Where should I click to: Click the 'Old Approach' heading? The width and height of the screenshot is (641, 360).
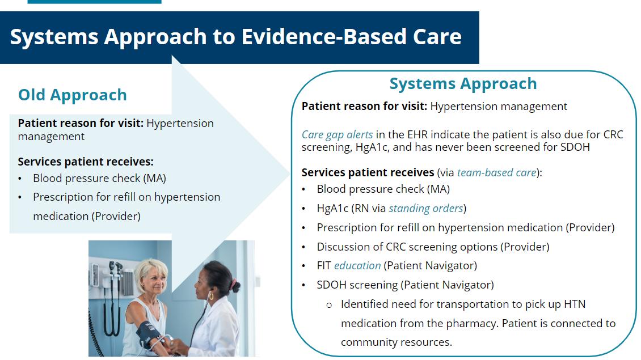(x=73, y=95)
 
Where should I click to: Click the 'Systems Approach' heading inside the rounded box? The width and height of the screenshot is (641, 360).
(x=463, y=84)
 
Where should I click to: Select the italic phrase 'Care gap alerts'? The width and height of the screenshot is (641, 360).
(x=337, y=135)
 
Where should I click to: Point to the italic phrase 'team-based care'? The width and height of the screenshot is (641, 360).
(x=496, y=172)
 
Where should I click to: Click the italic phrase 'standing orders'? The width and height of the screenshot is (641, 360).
(x=425, y=209)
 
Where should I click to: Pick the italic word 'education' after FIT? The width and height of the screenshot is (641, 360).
(x=357, y=266)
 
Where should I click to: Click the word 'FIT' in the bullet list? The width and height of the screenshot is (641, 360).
(x=324, y=266)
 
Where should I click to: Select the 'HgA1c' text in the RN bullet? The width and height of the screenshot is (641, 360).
(x=332, y=209)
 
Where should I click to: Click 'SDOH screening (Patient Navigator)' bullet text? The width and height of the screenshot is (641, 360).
(x=405, y=285)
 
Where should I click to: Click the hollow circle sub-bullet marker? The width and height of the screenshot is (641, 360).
(x=329, y=305)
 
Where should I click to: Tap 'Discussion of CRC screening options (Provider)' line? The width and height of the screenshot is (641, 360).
(x=433, y=247)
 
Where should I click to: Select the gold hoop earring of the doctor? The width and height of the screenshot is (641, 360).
(x=211, y=295)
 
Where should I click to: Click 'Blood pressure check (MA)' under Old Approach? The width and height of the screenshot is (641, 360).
(x=99, y=179)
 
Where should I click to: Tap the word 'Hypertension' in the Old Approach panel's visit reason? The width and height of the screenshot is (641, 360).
(x=180, y=124)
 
